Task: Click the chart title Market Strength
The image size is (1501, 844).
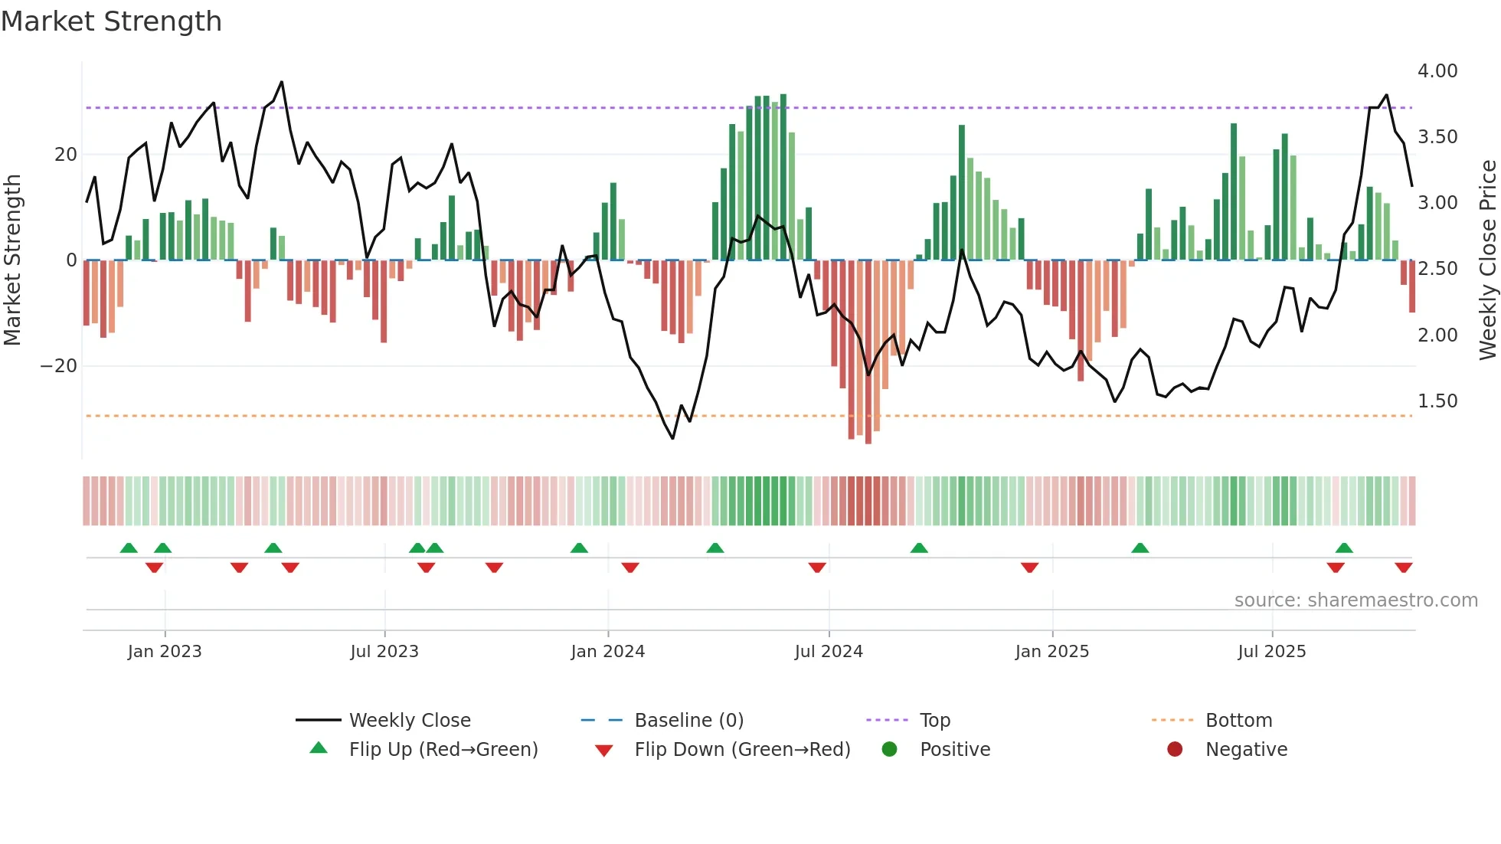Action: click(111, 21)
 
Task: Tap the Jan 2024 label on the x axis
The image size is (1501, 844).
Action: click(607, 652)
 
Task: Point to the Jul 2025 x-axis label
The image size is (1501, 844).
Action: click(1271, 652)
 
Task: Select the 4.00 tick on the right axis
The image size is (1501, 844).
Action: click(1437, 71)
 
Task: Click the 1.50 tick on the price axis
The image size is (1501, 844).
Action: click(1437, 401)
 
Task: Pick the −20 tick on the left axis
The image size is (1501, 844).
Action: click(59, 366)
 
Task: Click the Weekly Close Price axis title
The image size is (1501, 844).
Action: click(1487, 260)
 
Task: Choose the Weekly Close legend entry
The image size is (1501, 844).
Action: click(409, 721)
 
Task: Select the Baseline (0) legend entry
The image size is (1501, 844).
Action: click(688, 721)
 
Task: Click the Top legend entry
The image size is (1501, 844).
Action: click(934, 721)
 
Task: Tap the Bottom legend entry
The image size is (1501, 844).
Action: click(1238, 721)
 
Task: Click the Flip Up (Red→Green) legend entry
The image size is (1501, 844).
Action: click(443, 750)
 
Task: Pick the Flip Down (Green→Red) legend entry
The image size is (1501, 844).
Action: click(741, 750)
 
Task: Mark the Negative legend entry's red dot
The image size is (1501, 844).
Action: click(1174, 750)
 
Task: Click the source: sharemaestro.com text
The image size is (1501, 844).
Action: click(1355, 600)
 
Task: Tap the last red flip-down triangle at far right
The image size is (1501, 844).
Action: click(1403, 568)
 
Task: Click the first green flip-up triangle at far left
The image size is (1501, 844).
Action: click(129, 548)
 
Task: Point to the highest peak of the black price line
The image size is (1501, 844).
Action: click(282, 82)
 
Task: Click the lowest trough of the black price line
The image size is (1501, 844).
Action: click(673, 438)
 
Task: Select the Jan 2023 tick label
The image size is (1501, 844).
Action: click(165, 652)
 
